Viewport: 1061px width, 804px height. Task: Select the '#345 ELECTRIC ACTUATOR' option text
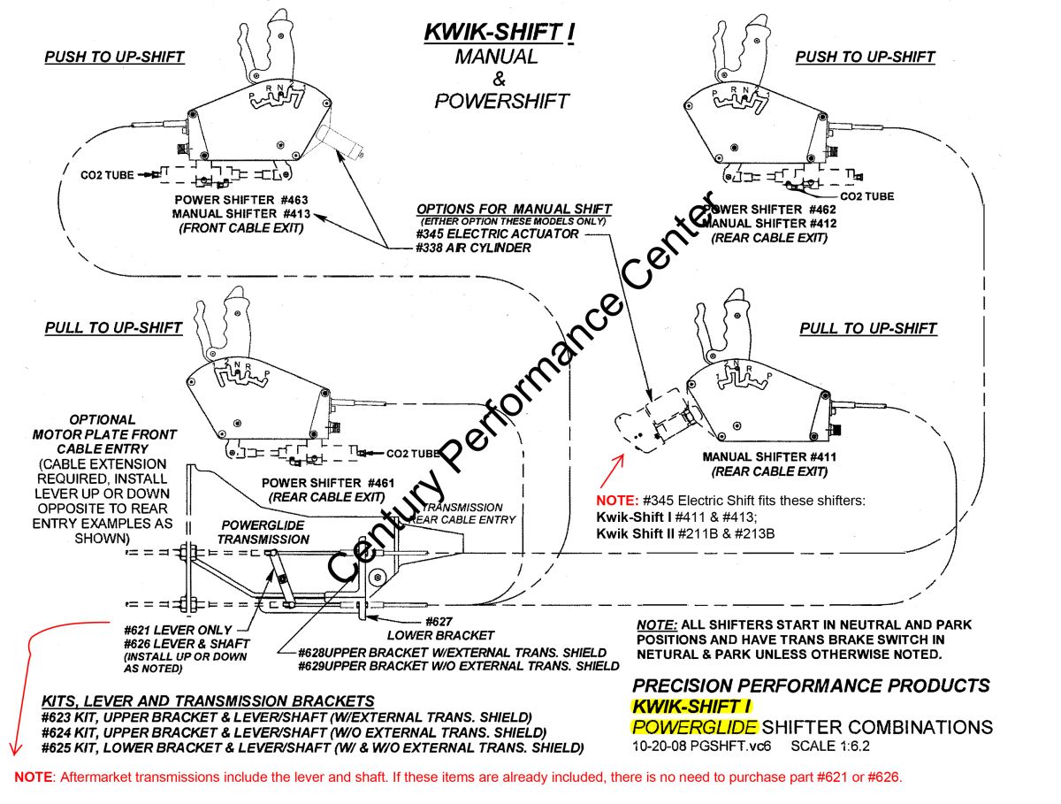point(498,234)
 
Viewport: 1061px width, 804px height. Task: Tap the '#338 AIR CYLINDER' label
point(474,248)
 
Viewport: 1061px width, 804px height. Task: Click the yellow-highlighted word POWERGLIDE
point(694,727)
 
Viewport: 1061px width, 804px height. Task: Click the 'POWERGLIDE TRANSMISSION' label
point(251,532)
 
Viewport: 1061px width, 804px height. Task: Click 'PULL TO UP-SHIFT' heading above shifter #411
point(867,328)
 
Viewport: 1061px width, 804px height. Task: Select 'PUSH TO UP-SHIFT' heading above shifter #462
point(864,57)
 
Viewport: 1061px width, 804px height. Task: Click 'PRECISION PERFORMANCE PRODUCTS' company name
point(812,685)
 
